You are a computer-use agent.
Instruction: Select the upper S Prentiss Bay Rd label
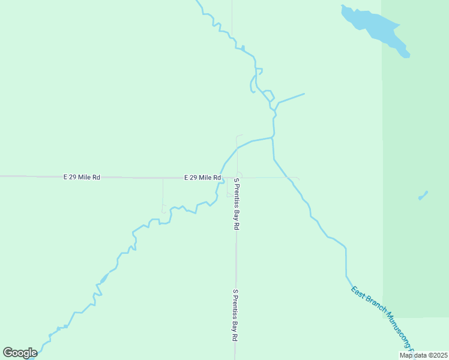point(237,204)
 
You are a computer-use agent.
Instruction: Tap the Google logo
point(20,353)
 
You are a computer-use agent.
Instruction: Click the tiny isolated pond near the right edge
point(423,196)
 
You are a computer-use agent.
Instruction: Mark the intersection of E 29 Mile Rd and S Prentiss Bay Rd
point(237,178)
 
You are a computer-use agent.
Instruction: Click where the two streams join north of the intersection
point(273,138)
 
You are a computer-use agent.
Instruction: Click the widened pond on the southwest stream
point(104,278)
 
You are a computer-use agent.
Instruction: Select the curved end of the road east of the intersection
point(298,179)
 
